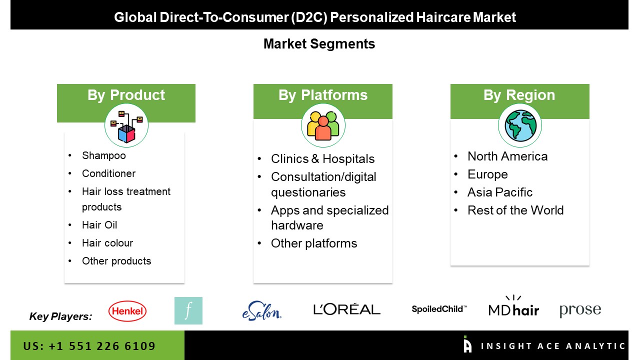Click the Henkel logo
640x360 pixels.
tap(127, 311)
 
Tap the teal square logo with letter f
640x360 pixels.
tap(188, 310)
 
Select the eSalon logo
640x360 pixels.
tap(261, 311)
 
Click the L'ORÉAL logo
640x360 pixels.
tap(347, 309)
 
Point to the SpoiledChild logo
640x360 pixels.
tap(439, 309)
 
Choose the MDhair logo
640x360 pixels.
tap(513, 306)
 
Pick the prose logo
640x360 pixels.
tap(580, 310)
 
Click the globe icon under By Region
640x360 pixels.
tap(520, 125)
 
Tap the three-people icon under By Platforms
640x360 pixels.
tap(323, 125)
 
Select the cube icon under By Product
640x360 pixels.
tap(126, 126)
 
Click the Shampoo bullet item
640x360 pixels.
tap(103, 155)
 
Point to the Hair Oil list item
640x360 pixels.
tap(99, 225)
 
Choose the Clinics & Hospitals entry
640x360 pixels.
tap(322, 159)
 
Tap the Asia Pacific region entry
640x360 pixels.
tap(500, 192)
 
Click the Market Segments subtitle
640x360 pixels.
tap(319, 44)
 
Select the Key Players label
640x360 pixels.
tap(60, 316)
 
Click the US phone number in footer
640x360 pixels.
tap(89, 346)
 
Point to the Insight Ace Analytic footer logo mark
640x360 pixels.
tap(467, 344)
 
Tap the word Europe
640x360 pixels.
tap(487, 174)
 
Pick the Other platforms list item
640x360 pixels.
tap(314, 243)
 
